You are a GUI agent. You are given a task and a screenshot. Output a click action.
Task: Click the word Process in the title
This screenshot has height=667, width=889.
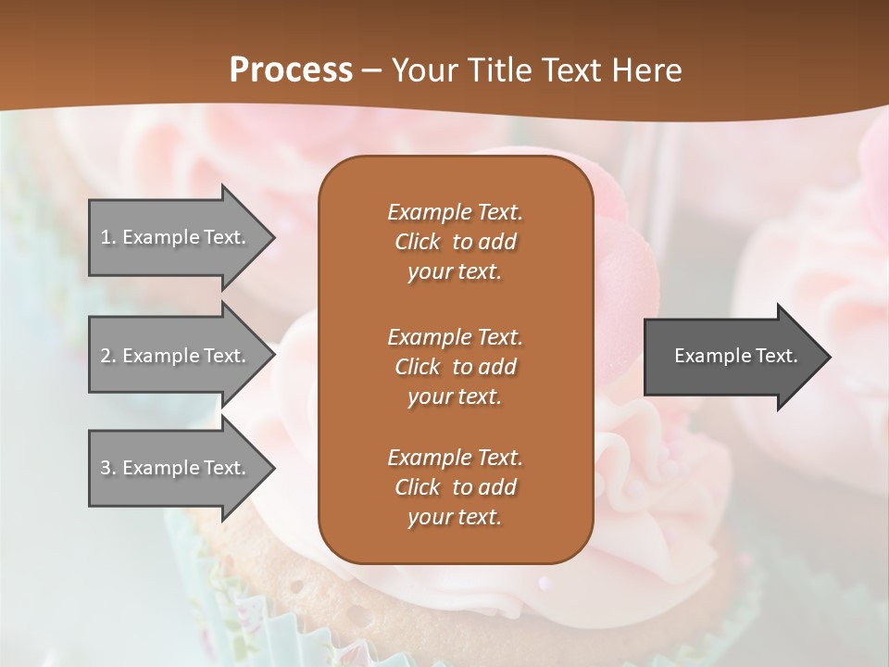coord(291,70)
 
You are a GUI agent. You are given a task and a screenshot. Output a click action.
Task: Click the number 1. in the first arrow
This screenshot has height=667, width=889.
coord(108,237)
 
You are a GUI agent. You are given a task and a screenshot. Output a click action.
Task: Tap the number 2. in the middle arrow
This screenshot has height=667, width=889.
coord(108,356)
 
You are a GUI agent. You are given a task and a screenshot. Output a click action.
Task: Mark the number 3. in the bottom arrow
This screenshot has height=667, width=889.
coord(108,468)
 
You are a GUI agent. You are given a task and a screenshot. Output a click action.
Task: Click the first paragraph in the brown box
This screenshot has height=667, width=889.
coord(455,242)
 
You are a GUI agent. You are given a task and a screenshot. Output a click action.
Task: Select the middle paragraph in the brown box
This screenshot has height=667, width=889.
coord(455,367)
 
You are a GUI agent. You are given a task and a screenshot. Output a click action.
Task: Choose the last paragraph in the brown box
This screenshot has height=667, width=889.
coord(455,487)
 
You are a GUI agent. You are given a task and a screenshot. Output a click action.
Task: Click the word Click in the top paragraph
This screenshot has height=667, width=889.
coord(418,242)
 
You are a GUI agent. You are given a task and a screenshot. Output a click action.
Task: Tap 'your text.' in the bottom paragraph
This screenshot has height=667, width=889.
coord(455,518)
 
